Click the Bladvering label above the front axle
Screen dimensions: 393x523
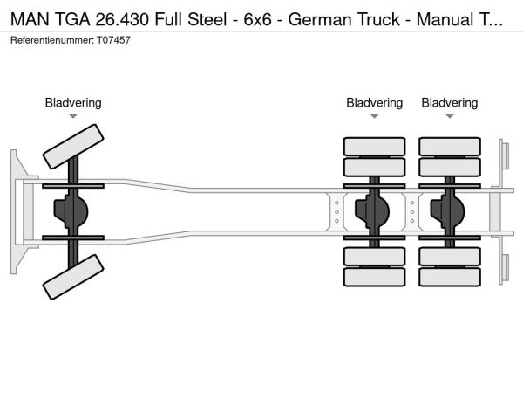coord(73,103)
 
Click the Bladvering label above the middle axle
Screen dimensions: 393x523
coord(374,103)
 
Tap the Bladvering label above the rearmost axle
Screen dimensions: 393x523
coord(450,103)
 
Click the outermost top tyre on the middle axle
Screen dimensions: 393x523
coord(374,146)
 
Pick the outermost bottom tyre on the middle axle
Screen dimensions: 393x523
coord(374,277)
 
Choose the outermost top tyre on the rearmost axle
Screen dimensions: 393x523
coord(450,146)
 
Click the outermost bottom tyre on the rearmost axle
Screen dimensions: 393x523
coord(450,277)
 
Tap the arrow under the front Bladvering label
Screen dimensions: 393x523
coord(73,116)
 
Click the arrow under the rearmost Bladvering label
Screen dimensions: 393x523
coord(450,116)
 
